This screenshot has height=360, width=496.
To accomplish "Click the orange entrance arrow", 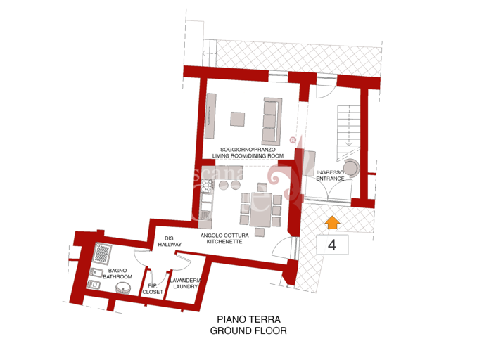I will click(332, 223).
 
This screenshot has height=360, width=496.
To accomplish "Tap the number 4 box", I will click(331, 245).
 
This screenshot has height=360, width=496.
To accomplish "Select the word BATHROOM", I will click(117, 277).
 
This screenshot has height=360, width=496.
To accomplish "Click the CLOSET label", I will click(153, 291).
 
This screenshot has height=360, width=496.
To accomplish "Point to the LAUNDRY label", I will click(186, 286).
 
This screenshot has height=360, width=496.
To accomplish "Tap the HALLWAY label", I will click(170, 245).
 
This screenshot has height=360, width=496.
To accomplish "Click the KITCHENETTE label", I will click(222, 241).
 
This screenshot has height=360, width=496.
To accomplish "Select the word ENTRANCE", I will click(330, 179).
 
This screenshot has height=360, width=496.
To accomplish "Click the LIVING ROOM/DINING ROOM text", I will click(251, 155).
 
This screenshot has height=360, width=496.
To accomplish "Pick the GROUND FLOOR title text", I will click(248, 330).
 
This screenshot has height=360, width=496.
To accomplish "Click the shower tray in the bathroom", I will click(104, 252).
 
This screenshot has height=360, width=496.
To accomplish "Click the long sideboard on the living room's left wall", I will click(210, 117).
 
